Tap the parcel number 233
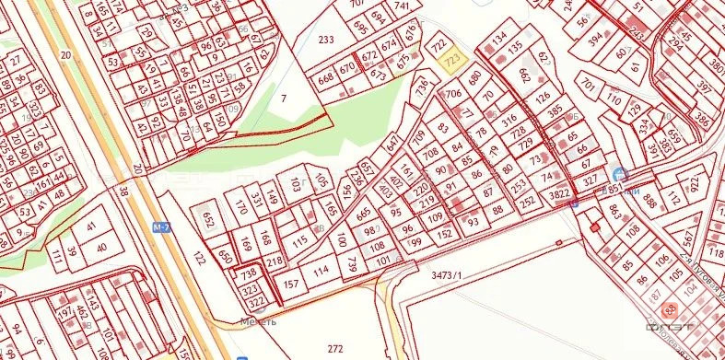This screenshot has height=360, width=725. pos(324,40)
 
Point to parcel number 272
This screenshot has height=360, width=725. pos(335,348)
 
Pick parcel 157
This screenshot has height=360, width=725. pos(290,284)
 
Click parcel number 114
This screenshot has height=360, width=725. pos(320,271)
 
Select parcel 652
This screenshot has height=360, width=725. pos(208,220)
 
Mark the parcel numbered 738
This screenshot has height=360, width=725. pos(248,273)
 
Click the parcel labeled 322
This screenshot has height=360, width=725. pos(257,300)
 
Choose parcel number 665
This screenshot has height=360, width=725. pos(363,214)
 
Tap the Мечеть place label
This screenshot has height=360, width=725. pos(258,322)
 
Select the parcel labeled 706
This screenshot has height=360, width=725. pos(452,94)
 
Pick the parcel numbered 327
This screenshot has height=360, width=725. pos(591,180)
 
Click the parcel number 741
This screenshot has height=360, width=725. pos(401,6)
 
